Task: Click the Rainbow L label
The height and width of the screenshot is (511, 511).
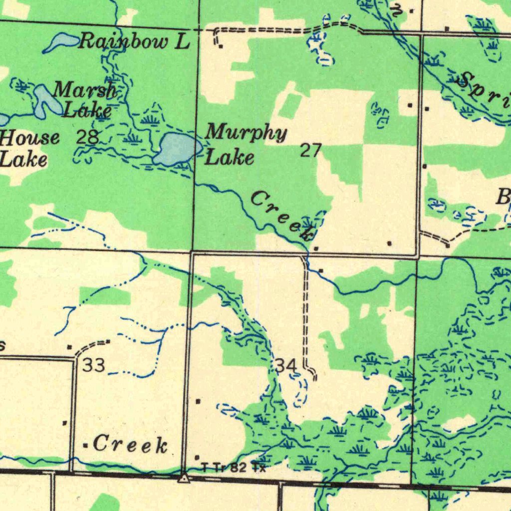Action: click(x=134, y=41)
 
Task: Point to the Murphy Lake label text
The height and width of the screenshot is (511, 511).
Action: click(x=246, y=145)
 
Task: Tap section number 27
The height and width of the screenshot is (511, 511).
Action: click(x=310, y=150)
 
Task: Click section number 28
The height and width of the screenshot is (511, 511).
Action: click(x=87, y=137)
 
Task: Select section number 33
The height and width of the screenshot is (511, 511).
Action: click(x=94, y=366)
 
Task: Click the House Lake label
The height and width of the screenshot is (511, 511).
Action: click(x=27, y=148)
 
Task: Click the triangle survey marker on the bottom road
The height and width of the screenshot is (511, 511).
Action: click(x=184, y=478)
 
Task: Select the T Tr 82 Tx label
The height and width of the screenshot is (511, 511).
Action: click(x=233, y=468)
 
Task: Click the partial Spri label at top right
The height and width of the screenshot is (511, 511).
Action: click(x=484, y=90)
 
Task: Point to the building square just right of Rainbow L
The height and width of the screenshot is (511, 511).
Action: click(x=221, y=46)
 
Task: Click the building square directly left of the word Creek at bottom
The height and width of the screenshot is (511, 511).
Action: click(x=85, y=445)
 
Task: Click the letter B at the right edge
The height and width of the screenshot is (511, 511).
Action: click(x=502, y=198)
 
